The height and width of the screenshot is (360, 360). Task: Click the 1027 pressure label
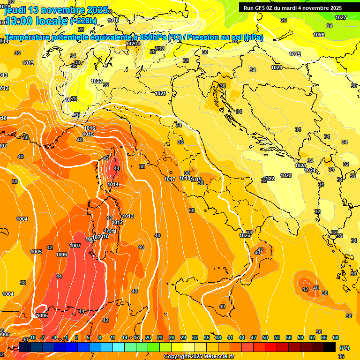tap(341, 17)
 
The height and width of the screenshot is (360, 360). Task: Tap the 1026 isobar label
tap(319, 35)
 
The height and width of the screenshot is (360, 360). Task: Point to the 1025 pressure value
tap(295, 54)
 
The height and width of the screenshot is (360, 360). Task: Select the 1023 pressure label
tap(286, 175)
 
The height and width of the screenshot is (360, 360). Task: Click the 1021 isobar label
tap(160, 93)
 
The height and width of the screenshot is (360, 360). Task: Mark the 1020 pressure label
tap(244, 235)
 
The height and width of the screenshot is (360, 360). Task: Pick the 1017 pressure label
tap(170, 179)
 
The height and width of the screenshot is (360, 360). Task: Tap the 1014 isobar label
tap(113, 184)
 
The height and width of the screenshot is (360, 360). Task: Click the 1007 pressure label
tap(75, 246)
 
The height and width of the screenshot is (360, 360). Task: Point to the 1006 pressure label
tap(61, 255)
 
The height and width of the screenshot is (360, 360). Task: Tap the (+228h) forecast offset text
tap(83, 21)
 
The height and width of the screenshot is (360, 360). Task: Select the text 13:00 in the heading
tap(18, 21)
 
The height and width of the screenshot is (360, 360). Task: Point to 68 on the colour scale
tap(336, 337)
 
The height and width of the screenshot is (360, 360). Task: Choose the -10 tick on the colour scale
tap(32, 337)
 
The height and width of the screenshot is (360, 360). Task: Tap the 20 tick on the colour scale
tap(148, 337)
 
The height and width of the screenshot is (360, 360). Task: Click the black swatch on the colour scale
tap(330, 347)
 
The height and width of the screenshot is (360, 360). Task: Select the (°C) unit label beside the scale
tap(344, 347)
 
